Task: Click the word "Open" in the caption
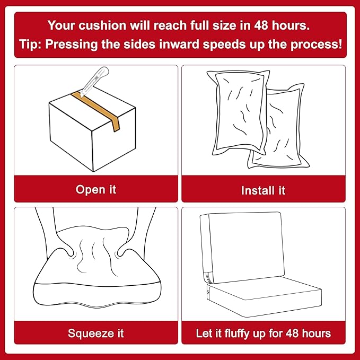coord(87,190)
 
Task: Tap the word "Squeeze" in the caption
coord(91,333)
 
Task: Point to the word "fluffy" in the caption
coord(237,333)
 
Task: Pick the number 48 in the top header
coord(261,25)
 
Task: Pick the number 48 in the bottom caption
coord(293,333)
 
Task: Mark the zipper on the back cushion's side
coord(207,277)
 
